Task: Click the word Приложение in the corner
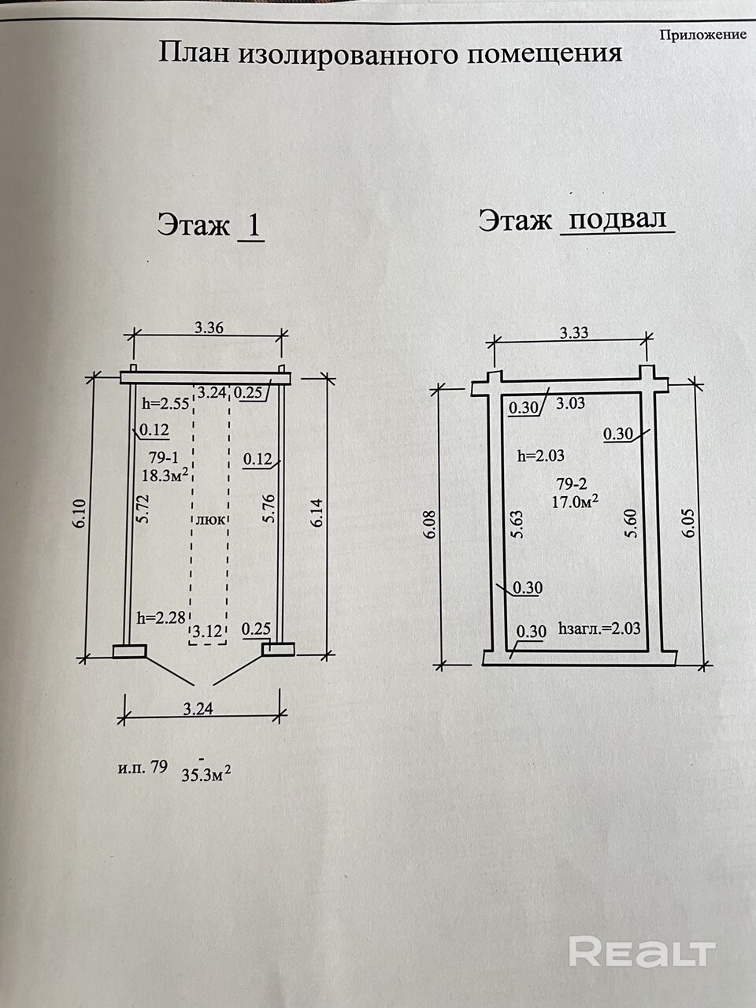(702, 35)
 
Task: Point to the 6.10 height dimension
(82, 516)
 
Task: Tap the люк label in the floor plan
(209, 520)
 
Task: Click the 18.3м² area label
(165, 476)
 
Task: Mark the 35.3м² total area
(206, 775)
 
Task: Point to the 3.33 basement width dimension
(573, 332)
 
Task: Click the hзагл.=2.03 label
(598, 629)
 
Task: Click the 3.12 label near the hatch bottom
(207, 630)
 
